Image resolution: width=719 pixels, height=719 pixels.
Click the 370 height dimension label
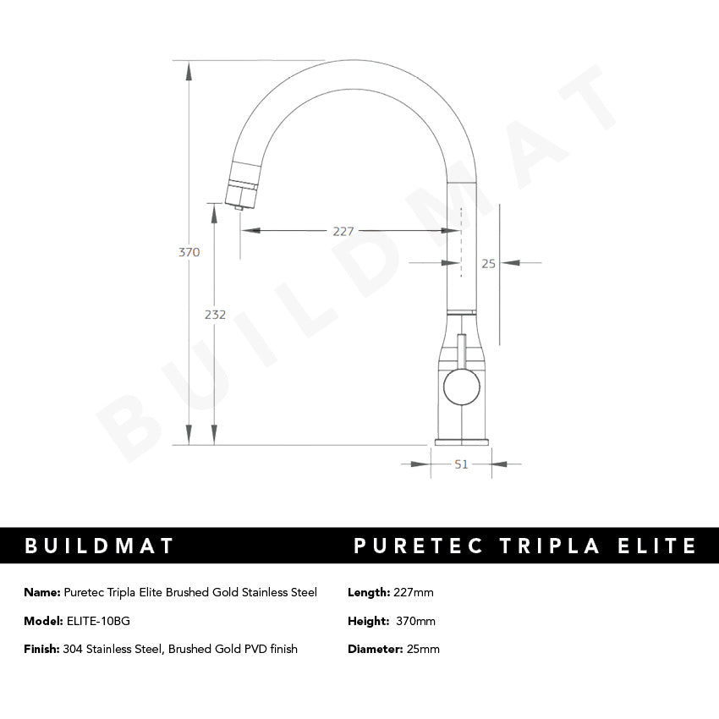click(189, 252)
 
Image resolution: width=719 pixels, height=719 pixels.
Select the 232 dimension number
click(215, 315)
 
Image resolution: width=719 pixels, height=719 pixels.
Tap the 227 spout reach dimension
click(343, 231)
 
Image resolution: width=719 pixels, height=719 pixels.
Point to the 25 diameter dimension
click(488, 263)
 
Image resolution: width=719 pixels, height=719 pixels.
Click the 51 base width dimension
click(462, 464)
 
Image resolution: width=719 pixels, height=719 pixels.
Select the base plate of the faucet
click(462, 441)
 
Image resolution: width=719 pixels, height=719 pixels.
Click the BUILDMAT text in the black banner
click(99, 546)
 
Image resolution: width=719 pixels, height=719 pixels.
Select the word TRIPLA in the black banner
click(549, 546)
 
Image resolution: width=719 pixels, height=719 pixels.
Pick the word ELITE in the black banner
click(656, 546)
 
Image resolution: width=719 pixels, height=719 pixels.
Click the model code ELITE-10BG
click(98, 621)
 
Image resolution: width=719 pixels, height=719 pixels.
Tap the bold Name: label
click(42, 592)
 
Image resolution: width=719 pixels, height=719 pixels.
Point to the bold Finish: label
click(41, 649)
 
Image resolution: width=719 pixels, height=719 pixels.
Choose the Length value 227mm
click(414, 592)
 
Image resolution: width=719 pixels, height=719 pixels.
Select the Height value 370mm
click(415, 621)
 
